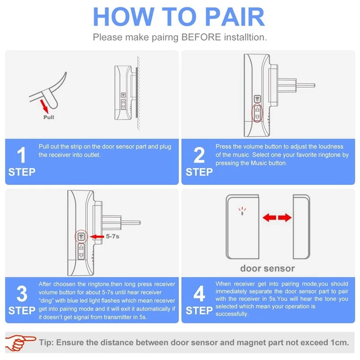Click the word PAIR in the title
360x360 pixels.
(x=234, y=17)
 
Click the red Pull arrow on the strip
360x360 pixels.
(x=44, y=106)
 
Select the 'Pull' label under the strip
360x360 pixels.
(x=49, y=117)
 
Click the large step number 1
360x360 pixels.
(x=21, y=155)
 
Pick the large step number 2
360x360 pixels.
(x=199, y=155)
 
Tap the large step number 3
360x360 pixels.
(x=22, y=294)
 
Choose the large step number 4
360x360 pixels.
(x=199, y=293)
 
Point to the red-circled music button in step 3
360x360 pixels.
(x=81, y=237)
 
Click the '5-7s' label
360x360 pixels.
(x=112, y=236)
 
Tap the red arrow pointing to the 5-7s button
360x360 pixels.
(x=97, y=237)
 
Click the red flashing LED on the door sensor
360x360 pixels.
(x=242, y=211)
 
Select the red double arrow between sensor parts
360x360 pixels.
(x=277, y=217)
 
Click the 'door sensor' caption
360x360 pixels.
(x=267, y=268)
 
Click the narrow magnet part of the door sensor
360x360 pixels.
(x=301, y=227)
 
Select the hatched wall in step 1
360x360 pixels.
(x=138, y=93)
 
